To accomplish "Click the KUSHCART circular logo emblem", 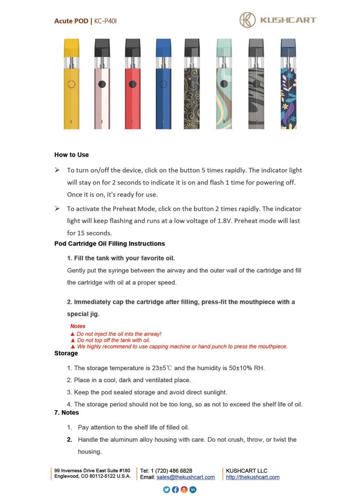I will [248, 20].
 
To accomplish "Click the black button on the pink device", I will [102, 84].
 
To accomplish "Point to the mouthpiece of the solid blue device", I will [163, 47].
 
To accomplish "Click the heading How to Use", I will [71, 155].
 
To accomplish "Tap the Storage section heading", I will [66, 353].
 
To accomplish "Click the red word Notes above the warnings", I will [78, 326].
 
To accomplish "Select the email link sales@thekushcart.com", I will [185, 477].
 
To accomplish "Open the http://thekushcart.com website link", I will [252, 477].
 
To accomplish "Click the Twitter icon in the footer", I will [167, 490].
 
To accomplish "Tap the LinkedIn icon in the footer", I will [193, 490].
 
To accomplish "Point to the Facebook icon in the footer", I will [175, 490].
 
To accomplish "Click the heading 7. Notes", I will [66, 413].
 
